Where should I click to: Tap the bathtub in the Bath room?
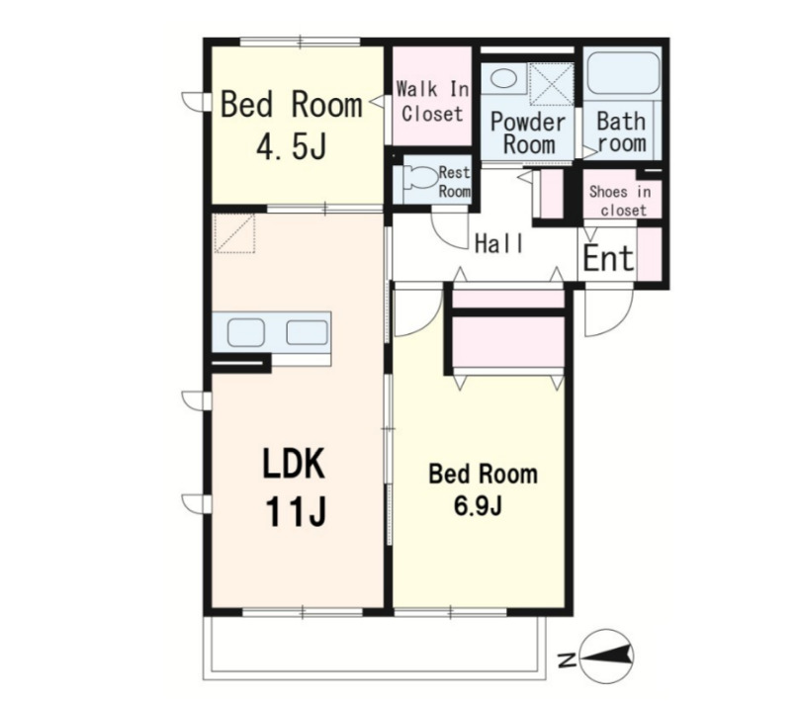tap(622, 72)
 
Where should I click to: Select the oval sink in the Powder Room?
tap(503, 78)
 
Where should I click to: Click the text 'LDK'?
tap(294, 464)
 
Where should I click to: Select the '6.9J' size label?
tap(478, 506)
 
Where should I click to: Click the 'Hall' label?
tap(499, 243)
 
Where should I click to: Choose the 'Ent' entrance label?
tap(608, 258)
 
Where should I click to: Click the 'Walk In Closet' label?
tap(432, 102)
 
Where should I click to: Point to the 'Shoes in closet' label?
tap(621, 201)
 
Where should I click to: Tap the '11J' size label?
tap(296, 512)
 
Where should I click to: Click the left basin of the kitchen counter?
tap(246, 333)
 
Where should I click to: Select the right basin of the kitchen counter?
tap(307, 332)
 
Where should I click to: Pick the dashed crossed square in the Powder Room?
tap(551, 85)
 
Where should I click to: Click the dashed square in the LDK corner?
tap(234, 232)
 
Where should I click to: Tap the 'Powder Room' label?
tap(529, 132)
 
